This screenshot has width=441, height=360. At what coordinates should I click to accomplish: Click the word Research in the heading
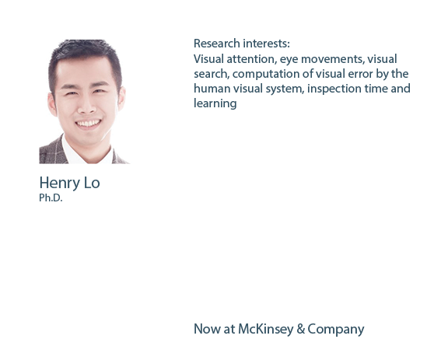pyautogui.click(x=217, y=44)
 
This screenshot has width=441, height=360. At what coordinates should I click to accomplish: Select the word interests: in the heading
pyautogui.click(x=266, y=44)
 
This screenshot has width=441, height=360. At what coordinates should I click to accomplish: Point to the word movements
pyautogui.click(x=333, y=59)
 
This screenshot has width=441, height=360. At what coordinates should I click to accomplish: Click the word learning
pyautogui.click(x=215, y=103)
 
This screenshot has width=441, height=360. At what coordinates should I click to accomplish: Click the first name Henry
pyautogui.click(x=60, y=183)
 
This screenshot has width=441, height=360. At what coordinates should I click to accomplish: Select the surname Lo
pyautogui.click(x=92, y=183)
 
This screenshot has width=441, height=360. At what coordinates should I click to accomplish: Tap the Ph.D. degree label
pyautogui.click(x=51, y=197)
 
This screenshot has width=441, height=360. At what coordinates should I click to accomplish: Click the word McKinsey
pyautogui.click(x=265, y=329)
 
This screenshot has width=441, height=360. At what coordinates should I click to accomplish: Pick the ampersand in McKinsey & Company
pyautogui.click(x=301, y=329)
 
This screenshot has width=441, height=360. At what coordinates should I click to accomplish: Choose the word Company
pyautogui.click(x=336, y=330)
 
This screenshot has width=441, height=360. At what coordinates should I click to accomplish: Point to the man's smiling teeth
pyautogui.click(x=89, y=123)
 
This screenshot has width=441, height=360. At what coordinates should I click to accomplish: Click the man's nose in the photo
pyautogui.click(x=86, y=107)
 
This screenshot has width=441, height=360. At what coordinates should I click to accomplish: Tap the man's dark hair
pyautogui.click(x=84, y=52)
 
